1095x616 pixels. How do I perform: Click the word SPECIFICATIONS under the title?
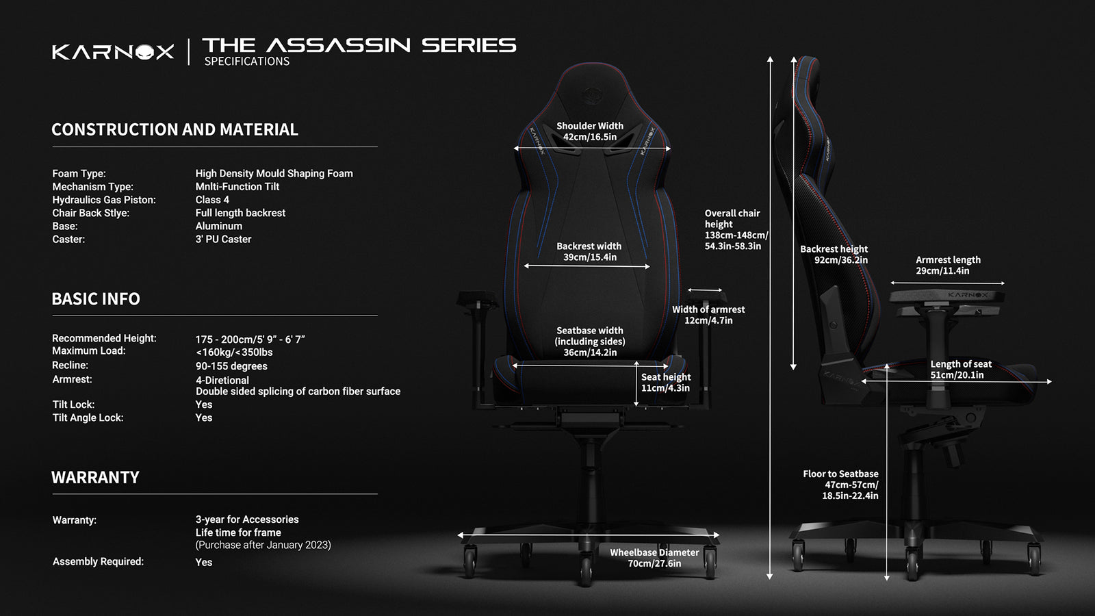[247, 62]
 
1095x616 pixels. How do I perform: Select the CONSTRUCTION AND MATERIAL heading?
[175, 129]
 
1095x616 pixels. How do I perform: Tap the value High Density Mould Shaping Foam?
[274, 174]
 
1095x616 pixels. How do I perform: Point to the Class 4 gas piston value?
[212, 200]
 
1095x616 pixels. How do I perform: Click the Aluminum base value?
[218, 227]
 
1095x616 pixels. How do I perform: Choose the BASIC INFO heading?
[96, 298]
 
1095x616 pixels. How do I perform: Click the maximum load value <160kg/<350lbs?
[234, 352]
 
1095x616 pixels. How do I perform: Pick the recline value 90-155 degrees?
[231, 366]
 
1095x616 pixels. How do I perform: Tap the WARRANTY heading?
[95, 477]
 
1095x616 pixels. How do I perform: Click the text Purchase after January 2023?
[263, 545]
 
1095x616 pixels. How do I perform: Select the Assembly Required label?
[98, 562]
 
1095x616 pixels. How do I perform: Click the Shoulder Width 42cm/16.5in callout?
[590, 131]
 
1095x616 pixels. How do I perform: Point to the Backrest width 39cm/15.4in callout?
[589, 252]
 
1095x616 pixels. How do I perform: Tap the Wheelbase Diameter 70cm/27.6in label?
[654, 558]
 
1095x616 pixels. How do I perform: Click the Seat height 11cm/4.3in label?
[666, 383]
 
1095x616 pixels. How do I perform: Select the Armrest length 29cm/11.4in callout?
[948, 266]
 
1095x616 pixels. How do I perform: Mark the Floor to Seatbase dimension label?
[841, 485]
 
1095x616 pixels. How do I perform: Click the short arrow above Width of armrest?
[704, 290]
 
